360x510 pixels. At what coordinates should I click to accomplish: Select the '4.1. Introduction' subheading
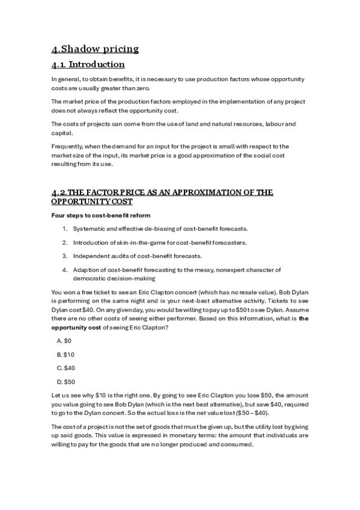pos(88,64)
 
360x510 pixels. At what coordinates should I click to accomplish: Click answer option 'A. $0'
pos(64,340)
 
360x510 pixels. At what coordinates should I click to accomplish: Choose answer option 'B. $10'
pos(65,354)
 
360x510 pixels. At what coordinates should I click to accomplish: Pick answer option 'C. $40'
pos(66,367)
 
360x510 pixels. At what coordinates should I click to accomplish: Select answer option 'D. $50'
pos(66,381)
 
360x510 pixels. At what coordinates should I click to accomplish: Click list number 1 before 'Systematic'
pos(64,229)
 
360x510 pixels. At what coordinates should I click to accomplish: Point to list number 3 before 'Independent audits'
pos(64,256)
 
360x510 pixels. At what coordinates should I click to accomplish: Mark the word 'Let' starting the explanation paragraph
pos(56,395)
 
